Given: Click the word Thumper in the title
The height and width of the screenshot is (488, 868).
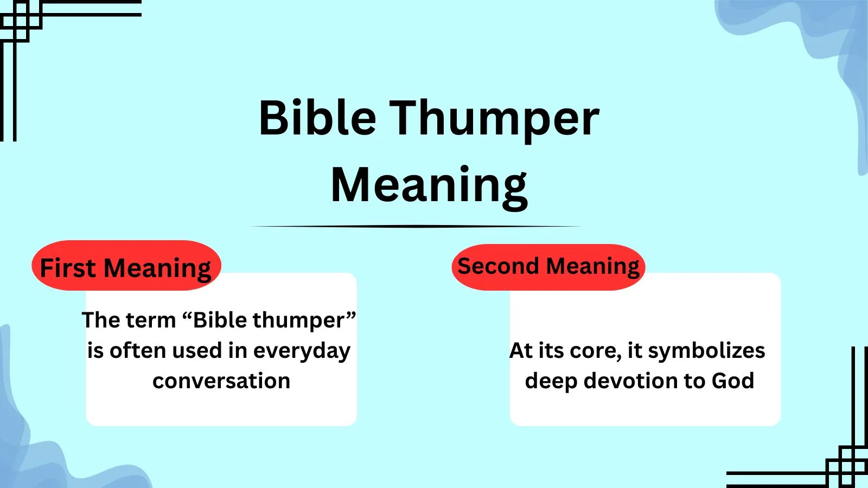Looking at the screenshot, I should (x=495, y=119).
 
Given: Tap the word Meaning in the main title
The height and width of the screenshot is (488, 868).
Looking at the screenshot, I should (x=429, y=185).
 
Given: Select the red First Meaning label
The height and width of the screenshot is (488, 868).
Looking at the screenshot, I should (x=126, y=266).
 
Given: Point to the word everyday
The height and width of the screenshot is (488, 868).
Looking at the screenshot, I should (x=302, y=351).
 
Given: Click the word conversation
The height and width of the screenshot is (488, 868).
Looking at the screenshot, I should (x=221, y=381).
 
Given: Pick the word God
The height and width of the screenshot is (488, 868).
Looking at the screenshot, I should (x=732, y=381).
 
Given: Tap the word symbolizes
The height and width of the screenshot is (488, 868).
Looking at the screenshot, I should (x=706, y=351).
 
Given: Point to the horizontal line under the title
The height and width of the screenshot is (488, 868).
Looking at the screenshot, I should (x=416, y=227).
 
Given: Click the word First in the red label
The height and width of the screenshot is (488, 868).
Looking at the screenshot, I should (x=68, y=268).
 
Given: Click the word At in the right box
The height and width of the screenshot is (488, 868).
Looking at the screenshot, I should (x=521, y=351).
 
